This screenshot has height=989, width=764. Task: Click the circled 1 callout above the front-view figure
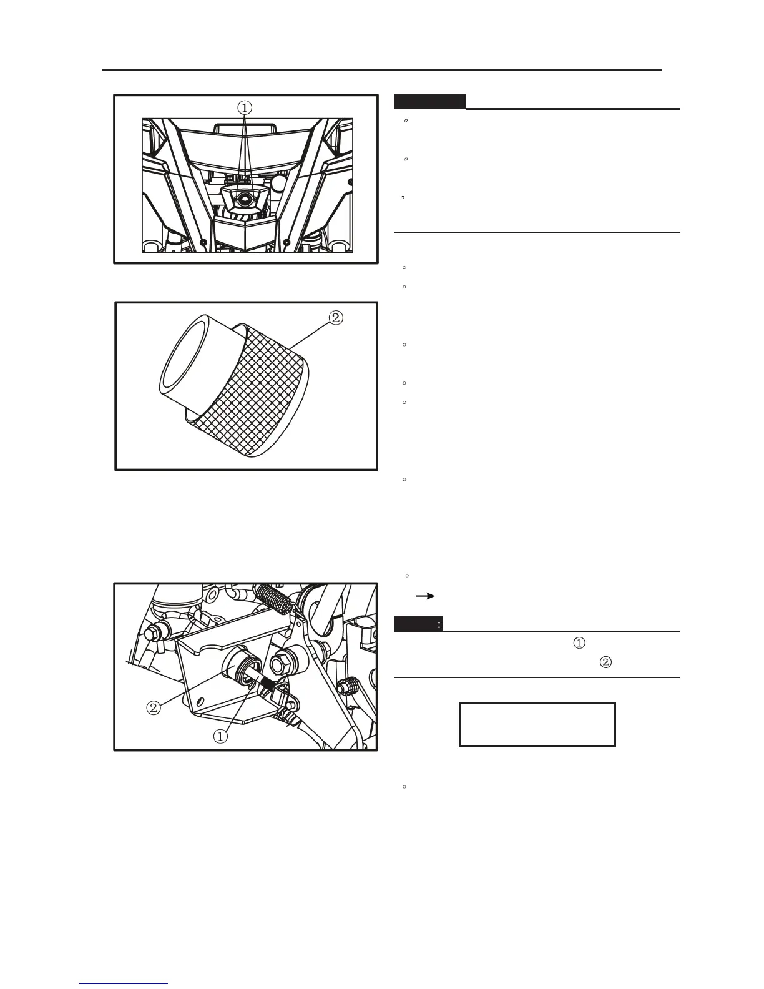coord(245,107)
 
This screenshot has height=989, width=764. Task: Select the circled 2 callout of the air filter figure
coord(335,318)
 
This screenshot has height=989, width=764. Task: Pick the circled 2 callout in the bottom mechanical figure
coord(154,708)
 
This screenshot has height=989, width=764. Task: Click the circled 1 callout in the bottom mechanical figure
coord(220,736)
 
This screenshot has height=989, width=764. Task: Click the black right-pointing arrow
coord(426,596)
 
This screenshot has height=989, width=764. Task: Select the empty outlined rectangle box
coord(537,724)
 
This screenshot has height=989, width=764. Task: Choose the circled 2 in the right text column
coord(604,663)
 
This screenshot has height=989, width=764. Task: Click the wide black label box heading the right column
coord(430,101)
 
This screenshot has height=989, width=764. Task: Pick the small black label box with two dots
coord(418,623)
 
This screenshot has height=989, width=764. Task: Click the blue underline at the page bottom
coord(124,984)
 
